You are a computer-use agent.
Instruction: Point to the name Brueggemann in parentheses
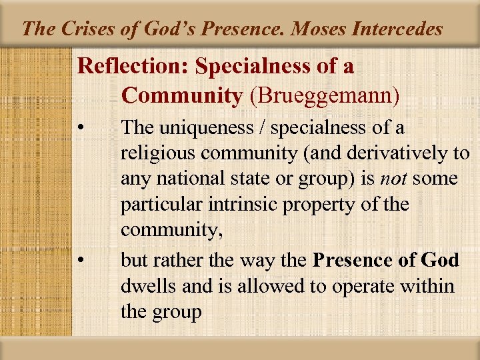click(x=324, y=95)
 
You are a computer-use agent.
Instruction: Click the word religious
click(x=158, y=154)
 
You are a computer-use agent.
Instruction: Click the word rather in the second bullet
click(x=175, y=259)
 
